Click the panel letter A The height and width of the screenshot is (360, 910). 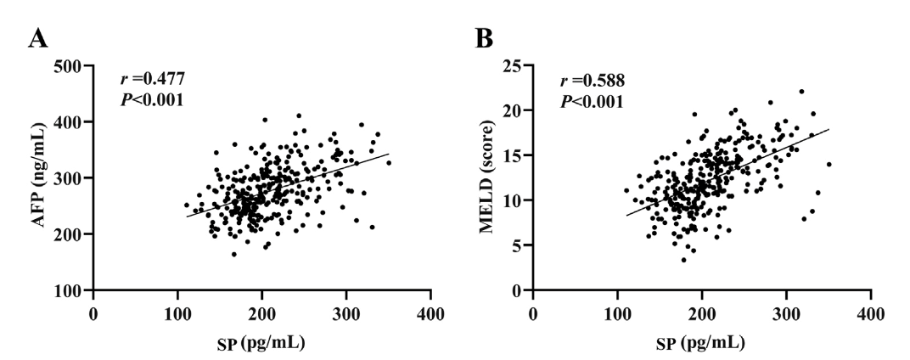click(37, 37)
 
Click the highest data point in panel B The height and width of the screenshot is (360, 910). click(800, 92)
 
